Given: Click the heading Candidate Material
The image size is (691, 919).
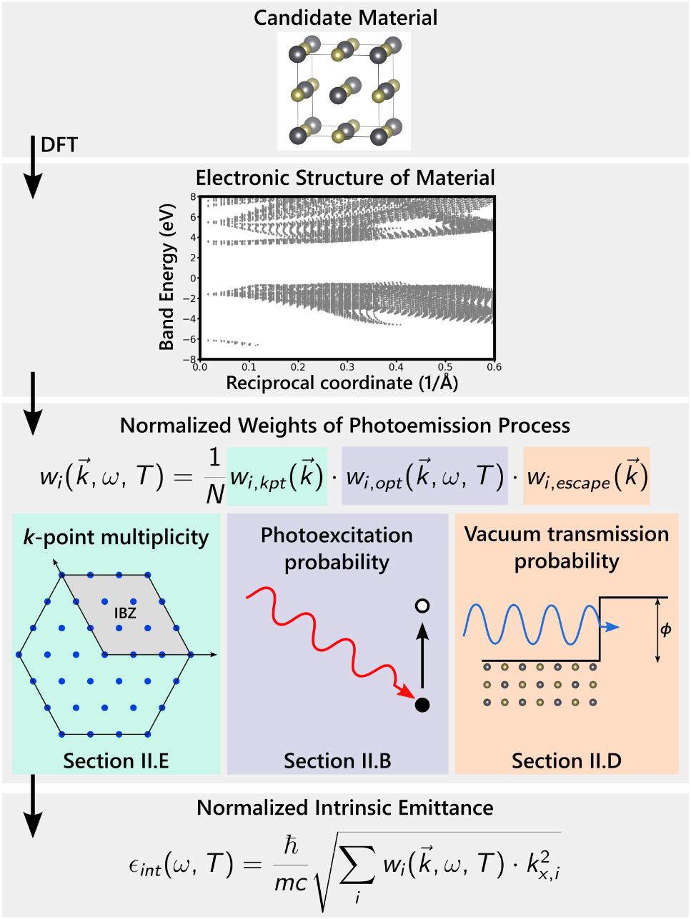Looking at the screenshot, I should [345, 17].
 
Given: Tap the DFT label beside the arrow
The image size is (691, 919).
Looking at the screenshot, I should [59, 145].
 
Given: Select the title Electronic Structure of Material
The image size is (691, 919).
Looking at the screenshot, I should [345, 176].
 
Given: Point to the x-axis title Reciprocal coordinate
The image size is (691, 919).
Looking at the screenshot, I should [342, 383].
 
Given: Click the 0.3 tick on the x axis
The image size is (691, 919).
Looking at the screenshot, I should [346, 367].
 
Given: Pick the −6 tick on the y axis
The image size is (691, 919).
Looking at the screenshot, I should [188, 339].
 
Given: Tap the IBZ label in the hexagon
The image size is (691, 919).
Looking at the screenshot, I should [125, 612].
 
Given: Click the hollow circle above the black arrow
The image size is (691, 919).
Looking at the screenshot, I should [422, 606].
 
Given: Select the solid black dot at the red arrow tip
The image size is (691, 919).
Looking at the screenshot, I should [422, 705].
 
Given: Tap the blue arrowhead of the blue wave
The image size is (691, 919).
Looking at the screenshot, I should [612, 626].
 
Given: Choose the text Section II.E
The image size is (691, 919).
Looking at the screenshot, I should [116, 761].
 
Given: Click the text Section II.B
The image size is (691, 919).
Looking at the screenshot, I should [337, 761].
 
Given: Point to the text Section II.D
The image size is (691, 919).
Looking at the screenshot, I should [566, 761].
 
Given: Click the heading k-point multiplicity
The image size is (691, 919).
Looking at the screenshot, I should [116, 537].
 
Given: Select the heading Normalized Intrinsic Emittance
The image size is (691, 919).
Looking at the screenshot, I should [345, 808].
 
